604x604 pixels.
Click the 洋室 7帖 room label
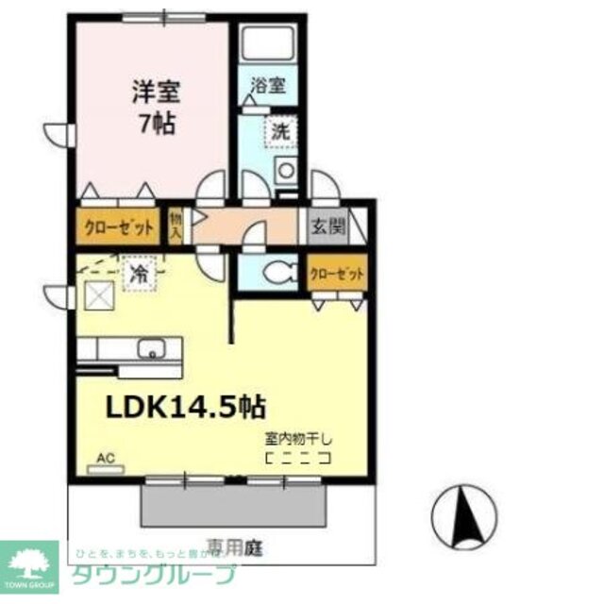(x=156, y=108)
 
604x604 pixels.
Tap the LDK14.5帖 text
(x=184, y=407)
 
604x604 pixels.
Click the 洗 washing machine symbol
(x=281, y=132)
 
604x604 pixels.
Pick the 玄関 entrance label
(x=328, y=227)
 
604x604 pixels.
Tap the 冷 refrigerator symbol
(x=138, y=275)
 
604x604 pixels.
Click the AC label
(x=106, y=460)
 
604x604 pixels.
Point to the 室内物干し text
(x=298, y=440)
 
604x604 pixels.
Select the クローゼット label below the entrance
(x=336, y=275)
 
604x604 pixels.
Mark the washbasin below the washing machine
(x=283, y=172)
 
